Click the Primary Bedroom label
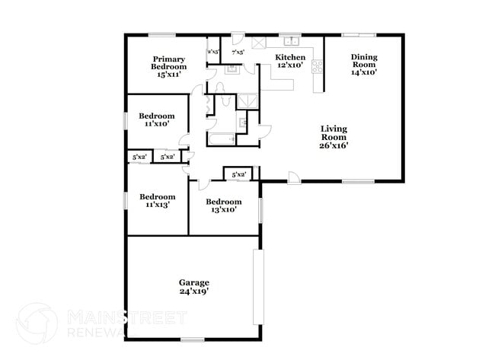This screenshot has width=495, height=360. (169, 67)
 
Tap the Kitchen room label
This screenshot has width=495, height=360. (290, 62)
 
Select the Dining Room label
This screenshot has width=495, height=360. (363, 65)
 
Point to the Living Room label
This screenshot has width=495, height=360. (334, 137)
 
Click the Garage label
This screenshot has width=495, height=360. (194, 286)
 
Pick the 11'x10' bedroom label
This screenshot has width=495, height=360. (156, 119)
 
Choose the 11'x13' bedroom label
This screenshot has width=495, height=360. (156, 200)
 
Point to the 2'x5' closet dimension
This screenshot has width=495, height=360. (213, 53)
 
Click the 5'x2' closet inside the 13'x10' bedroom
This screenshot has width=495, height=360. (238, 175)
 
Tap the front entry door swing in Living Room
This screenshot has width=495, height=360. (294, 177)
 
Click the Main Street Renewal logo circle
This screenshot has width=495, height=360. (37, 322)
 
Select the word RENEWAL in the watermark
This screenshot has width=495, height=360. (96, 332)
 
